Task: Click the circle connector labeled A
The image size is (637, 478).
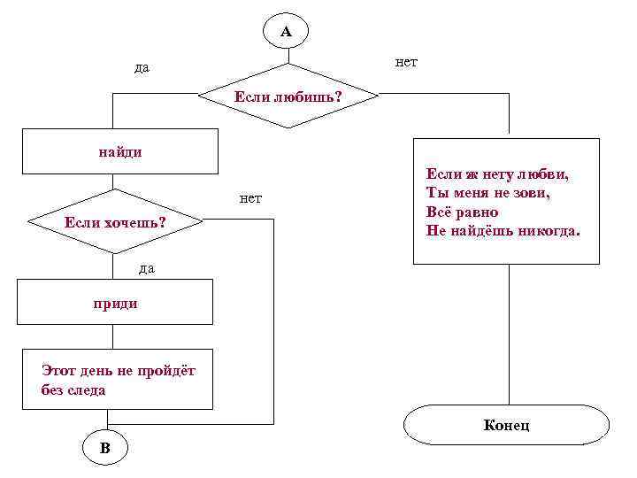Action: (286, 32)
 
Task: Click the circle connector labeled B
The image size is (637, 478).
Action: (105, 448)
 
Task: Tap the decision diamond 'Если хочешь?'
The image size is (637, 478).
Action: (115, 220)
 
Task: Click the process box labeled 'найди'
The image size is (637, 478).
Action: (119, 151)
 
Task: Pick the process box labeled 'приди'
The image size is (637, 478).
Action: (117, 303)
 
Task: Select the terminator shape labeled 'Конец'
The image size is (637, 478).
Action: (507, 425)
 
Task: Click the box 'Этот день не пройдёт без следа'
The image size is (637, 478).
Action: (117, 379)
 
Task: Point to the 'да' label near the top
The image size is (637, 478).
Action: (142, 68)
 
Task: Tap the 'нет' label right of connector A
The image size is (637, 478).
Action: (406, 62)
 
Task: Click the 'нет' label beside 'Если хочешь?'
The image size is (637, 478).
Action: (250, 197)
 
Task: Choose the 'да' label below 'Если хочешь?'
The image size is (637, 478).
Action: (147, 267)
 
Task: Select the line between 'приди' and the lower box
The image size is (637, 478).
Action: (113, 337)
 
